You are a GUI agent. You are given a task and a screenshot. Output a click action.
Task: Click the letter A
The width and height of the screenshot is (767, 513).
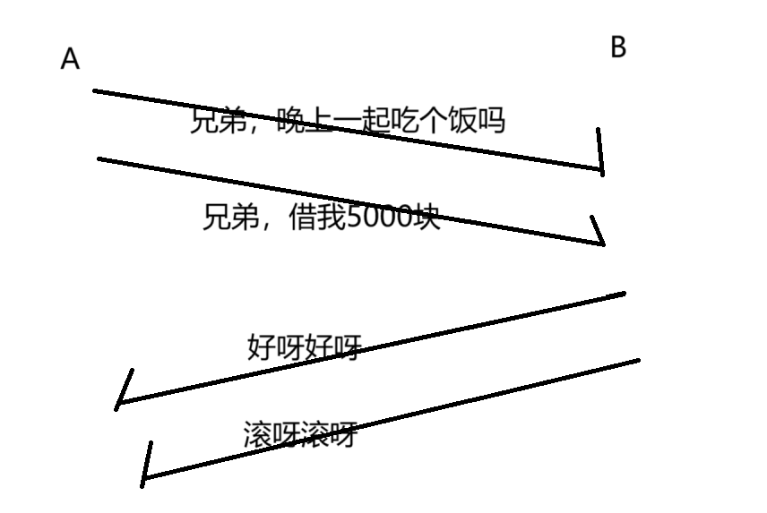(x=70, y=59)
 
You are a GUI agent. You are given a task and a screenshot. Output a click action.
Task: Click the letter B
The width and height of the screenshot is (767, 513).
(x=617, y=47)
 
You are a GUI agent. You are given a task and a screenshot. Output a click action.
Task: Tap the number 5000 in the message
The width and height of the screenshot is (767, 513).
(x=377, y=217)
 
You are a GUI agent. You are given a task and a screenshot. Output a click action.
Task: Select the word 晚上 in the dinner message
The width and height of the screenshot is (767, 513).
(x=305, y=120)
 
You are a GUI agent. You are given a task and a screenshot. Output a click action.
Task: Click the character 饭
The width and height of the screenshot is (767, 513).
(x=463, y=120)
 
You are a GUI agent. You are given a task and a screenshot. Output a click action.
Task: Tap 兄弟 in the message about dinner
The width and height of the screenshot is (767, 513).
(x=218, y=120)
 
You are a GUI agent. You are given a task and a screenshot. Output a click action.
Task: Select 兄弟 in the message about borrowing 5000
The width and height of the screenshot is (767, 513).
(x=230, y=217)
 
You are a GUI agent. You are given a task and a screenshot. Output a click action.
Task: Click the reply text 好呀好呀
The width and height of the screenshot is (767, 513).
(x=303, y=346)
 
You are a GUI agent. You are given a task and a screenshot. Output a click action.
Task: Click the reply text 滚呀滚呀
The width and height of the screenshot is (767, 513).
(x=300, y=435)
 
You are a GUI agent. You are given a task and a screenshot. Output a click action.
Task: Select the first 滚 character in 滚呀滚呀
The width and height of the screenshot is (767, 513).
(x=258, y=435)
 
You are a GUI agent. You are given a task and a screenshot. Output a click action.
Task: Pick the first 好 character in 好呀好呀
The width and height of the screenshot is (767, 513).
(x=261, y=346)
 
